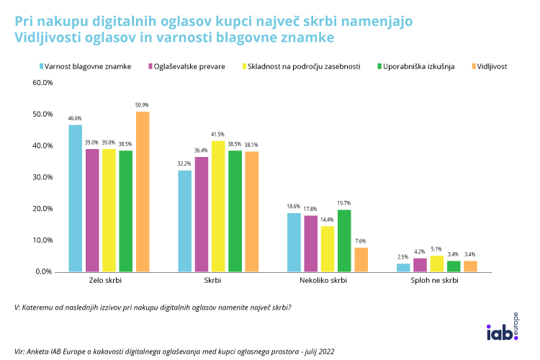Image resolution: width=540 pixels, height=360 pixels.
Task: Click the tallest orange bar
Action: pos(143,192)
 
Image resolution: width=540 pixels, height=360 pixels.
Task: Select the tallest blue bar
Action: pos(75,198)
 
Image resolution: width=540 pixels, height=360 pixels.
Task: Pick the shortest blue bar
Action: pos(403,268)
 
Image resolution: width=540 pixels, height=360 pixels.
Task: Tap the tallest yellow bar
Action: pos(218,206)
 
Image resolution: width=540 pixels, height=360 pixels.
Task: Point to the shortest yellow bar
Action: pos(436,264)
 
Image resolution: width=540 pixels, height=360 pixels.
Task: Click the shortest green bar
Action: pos(454,266)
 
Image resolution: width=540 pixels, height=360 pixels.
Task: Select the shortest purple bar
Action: pos(420,265)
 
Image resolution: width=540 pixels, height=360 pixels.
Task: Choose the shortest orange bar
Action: pos(470,266)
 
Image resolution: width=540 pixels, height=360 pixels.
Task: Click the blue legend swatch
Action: pos(42,66)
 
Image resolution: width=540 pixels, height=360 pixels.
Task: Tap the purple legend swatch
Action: pos(150,66)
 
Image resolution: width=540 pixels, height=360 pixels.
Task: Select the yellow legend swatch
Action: pos(245,66)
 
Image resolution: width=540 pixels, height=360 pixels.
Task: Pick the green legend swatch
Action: pos(379,66)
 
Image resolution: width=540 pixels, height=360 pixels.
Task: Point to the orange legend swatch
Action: pos(474,66)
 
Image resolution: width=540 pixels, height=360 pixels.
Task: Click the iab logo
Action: pos(502,332)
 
